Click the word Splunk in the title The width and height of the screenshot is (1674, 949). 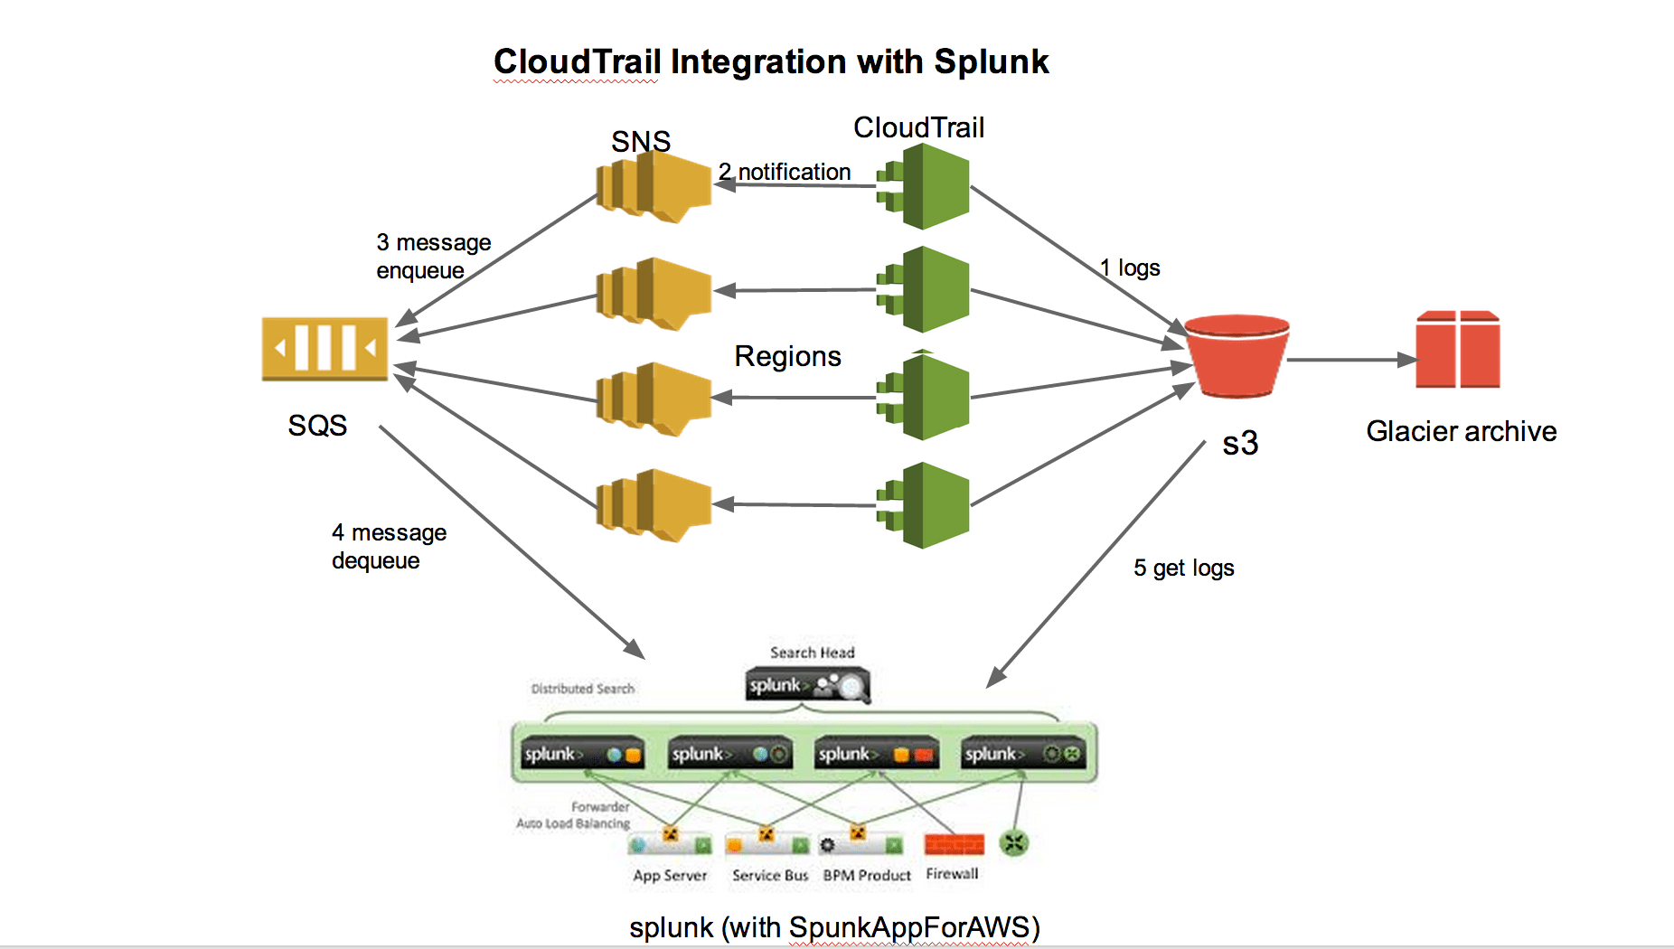pyautogui.click(x=991, y=62)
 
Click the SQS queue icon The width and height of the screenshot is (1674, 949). pyautogui.click(x=324, y=348)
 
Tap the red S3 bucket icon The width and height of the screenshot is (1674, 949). pyautogui.click(x=1237, y=356)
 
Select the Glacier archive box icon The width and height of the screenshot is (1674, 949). pyautogui.click(x=1457, y=350)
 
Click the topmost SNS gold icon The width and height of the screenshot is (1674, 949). pyautogui.click(x=654, y=186)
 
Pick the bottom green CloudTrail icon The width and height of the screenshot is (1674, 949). pyautogui.click(x=924, y=505)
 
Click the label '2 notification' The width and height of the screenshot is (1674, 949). pyautogui.click(x=785, y=172)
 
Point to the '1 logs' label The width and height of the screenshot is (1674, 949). pyautogui.click(x=1130, y=268)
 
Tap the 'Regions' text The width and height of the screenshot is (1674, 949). pyautogui.click(x=787, y=356)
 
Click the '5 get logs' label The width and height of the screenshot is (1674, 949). pyautogui.click(x=1183, y=568)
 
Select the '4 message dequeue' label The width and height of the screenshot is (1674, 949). pyautogui.click(x=389, y=546)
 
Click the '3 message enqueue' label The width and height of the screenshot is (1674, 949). pyautogui.click(x=433, y=256)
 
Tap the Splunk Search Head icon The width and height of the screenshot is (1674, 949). pyautogui.click(x=807, y=686)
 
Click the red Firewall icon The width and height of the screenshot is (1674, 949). pyautogui.click(x=954, y=844)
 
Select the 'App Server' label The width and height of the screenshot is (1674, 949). pyautogui.click(x=670, y=875)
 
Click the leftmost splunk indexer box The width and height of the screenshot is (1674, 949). pyautogui.click(x=582, y=754)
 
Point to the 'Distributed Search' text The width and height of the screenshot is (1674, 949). pyautogui.click(x=583, y=689)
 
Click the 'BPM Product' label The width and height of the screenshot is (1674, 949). pyautogui.click(x=867, y=875)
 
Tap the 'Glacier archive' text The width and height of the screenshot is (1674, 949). pyautogui.click(x=1461, y=431)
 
